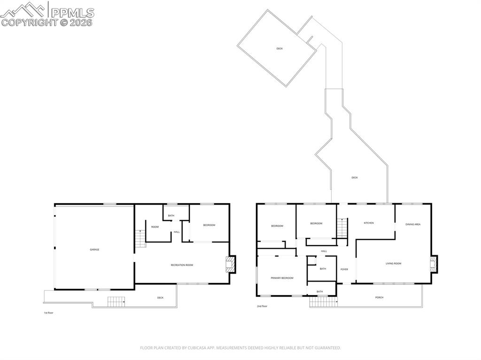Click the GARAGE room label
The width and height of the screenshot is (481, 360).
click(94, 250)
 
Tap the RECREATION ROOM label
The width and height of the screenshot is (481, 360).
click(182, 265)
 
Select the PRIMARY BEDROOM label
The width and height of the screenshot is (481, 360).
click(282, 278)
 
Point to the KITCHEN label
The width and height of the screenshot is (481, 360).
click(369, 223)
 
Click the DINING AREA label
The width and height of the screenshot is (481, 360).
click(413, 224)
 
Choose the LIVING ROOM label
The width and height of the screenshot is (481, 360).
click(394, 263)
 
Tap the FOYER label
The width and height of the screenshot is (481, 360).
click(344, 269)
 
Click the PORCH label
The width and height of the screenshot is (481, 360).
click(379, 298)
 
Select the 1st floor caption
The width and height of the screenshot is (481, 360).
click(48, 313)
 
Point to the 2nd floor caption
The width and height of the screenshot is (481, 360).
click(262, 306)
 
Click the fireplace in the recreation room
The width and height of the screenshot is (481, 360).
click(231, 264)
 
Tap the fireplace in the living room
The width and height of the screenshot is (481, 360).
click(434, 264)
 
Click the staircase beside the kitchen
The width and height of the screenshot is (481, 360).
click(342, 228)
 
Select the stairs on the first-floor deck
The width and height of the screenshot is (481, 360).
click(116, 302)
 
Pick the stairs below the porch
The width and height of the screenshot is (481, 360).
click(323, 302)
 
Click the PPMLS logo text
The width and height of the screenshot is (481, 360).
click(72, 13)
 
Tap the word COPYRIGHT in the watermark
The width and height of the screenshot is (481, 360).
click(29, 23)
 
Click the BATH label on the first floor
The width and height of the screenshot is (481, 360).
click(171, 215)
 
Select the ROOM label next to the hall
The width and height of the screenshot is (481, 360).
click(155, 227)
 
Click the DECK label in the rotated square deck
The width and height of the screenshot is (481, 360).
click(279, 48)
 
